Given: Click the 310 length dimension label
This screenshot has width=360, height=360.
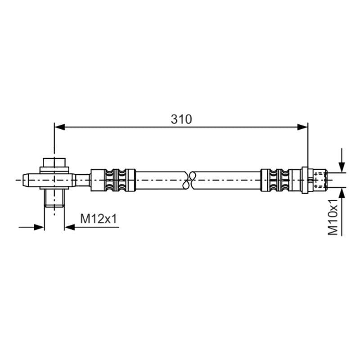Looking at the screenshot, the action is pos(181,119).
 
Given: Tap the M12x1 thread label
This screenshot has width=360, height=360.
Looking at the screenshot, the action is pos(99,219).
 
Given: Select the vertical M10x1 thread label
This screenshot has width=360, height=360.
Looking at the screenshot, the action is pos(333,217).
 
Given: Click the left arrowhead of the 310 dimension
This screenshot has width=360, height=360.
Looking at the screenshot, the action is pos(60,127).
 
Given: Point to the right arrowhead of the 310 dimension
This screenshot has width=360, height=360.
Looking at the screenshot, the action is pos(302,127).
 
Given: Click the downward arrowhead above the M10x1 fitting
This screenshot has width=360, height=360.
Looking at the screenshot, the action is pos(342,167).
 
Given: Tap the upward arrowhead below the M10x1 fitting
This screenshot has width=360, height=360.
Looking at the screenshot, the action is pos(342,193).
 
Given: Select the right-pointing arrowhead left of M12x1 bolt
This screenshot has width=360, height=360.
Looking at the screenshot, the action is pos(39,227).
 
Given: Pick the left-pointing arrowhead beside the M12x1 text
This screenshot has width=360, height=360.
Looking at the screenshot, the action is pos(70,227).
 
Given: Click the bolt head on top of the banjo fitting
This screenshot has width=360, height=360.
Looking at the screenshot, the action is pos(54,162).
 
